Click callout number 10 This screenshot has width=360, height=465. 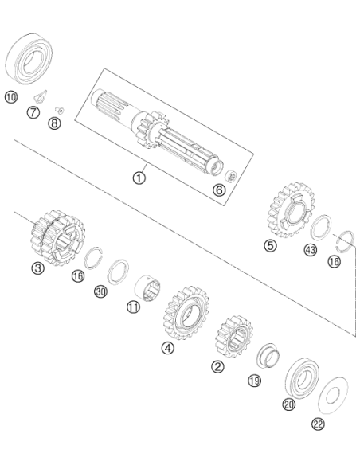(11, 97)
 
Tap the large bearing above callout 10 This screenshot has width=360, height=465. (29, 59)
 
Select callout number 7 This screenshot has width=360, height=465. (33, 112)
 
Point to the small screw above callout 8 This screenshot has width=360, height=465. (60, 111)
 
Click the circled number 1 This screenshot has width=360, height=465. (139, 178)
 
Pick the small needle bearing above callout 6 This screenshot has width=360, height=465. (231, 175)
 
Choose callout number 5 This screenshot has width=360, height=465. (271, 245)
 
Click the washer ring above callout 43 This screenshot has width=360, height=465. (321, 228)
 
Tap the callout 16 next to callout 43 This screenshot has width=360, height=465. (335, 261)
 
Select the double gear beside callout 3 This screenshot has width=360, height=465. (57, 237)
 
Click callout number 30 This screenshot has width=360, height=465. (101, 291)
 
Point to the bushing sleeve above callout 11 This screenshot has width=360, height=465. (147, 287)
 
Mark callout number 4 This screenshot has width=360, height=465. (168, 348)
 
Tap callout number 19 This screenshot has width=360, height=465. (254, 381)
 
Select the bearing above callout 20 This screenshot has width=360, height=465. (302, 378)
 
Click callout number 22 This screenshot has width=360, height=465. (318, 424)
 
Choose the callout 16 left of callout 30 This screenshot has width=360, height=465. (78, 276)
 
